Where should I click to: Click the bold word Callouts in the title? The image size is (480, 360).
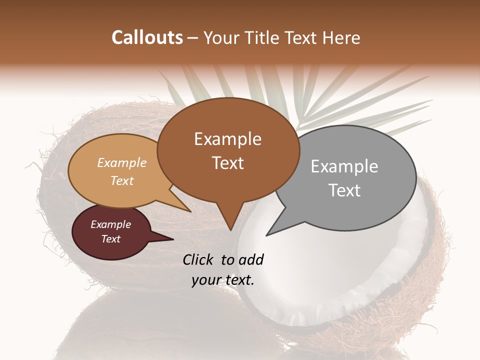pos(147,37)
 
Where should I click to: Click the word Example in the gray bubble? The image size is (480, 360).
pos(344,166)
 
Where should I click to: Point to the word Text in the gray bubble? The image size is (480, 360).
pos(344,190)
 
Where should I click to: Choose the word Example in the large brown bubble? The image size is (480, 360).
pos(227,139)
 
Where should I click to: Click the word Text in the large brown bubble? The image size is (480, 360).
pos(227,163)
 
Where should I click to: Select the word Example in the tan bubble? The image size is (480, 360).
pos(121,163)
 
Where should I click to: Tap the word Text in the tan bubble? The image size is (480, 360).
pos(121,181)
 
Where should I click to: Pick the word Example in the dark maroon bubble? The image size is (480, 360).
pos(110,224)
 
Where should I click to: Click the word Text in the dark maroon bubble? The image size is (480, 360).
pos(110,239)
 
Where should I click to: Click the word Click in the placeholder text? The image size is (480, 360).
pos(199,259)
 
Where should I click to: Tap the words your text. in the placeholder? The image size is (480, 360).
pos(222,280)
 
